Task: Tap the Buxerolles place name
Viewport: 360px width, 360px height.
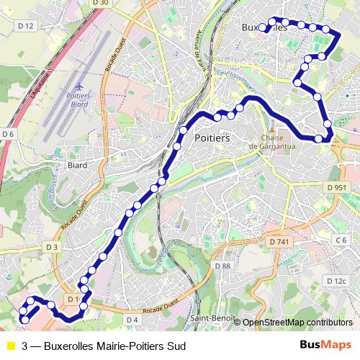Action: (262, 28)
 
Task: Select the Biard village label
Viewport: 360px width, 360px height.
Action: (77, 165)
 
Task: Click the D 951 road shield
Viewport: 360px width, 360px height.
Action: (336, 187)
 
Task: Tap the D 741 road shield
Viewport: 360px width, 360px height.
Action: (277, 243)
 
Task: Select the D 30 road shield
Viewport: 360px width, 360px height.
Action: (100, 4)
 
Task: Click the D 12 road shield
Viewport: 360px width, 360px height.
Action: (25, 25)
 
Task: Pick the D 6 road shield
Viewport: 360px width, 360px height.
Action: (8, 134)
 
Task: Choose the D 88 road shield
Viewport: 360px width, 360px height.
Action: (222, 266)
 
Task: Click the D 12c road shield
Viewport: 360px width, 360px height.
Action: (336, 281)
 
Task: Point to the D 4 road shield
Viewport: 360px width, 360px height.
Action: (132, 319)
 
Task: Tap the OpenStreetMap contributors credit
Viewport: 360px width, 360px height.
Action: (297, 323)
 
